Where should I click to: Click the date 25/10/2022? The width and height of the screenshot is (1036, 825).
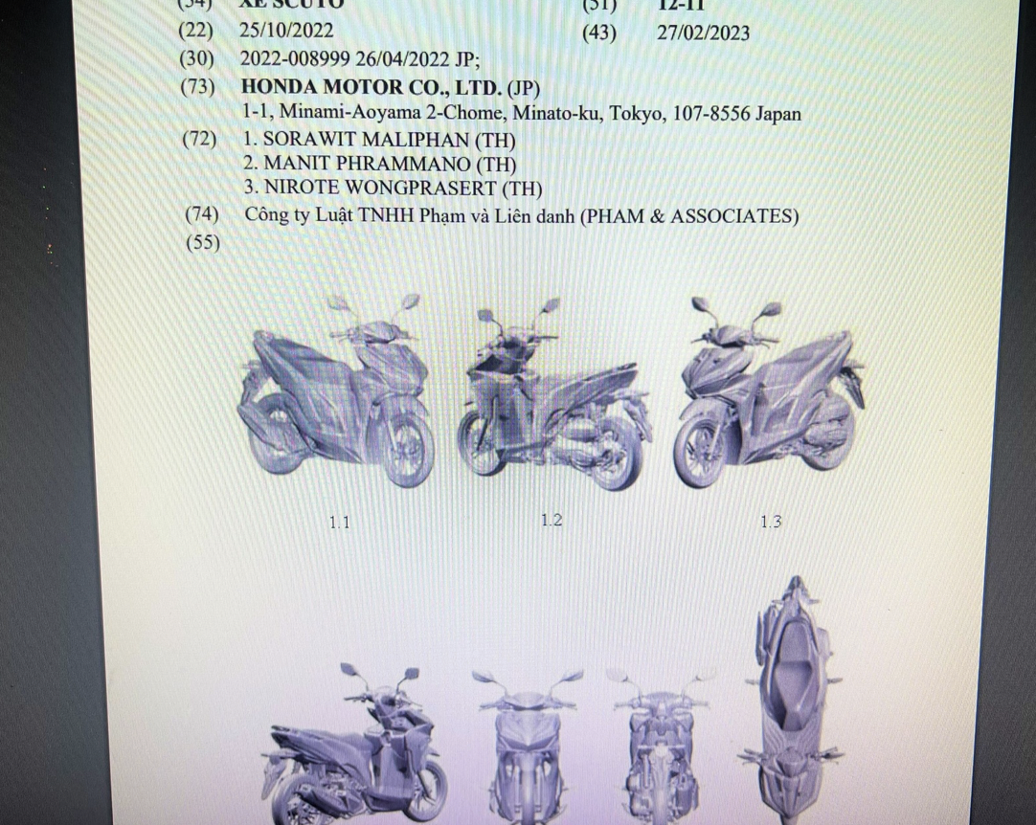point(286,32)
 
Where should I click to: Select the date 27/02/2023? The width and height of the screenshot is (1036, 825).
point(703,33)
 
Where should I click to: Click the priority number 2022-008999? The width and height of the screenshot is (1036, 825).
point(298,59)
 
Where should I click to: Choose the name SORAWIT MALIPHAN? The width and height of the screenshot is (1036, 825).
point(367,139)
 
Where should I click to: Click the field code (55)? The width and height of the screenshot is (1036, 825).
point(201,243)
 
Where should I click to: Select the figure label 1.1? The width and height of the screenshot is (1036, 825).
point(339,523)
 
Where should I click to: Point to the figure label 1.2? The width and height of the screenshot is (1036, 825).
point(551,521)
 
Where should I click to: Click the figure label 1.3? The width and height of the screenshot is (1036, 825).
point(771,522)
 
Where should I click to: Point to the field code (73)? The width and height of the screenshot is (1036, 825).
point(199,87)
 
